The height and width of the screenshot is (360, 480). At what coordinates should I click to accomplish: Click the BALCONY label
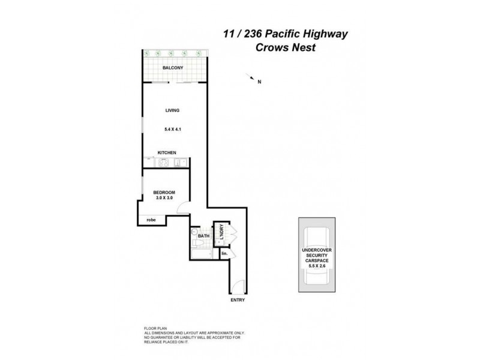173,68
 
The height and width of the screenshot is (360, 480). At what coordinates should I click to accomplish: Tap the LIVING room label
173,110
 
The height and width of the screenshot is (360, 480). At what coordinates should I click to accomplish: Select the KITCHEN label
166,153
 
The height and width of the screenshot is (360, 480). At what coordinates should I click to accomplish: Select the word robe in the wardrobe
151,220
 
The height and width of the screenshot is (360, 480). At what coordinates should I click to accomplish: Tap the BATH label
203,236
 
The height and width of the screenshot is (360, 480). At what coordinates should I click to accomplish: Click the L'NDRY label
221,232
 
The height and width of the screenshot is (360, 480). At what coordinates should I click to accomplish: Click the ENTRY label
238,300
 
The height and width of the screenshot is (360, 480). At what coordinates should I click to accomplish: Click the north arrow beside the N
250,77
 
